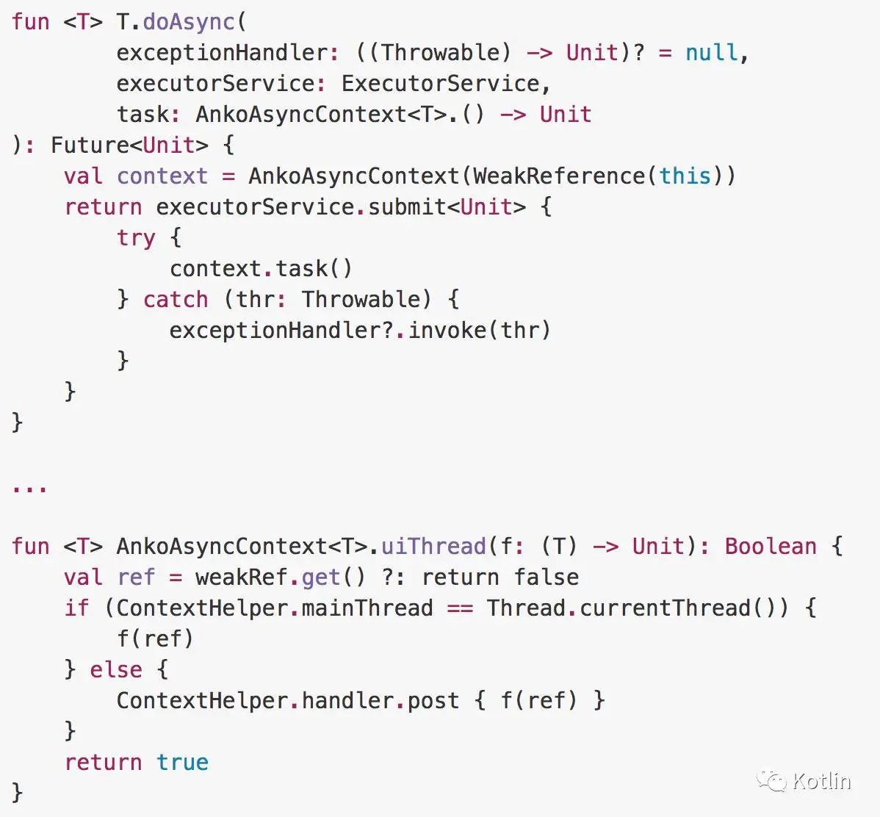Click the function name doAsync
point(189,22)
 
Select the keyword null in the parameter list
point(711,53)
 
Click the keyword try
point(136,238)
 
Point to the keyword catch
point(176,300)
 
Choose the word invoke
point(447,331)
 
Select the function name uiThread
point(433,547)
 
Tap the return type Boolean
point(770,547)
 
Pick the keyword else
point(116,670)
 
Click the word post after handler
point(433,701)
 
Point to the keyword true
point(182,763)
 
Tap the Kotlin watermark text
point(821,781)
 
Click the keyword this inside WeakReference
point(685,176)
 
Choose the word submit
point(407,207)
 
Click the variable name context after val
point(162,176)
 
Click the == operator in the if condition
point(460,608)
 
